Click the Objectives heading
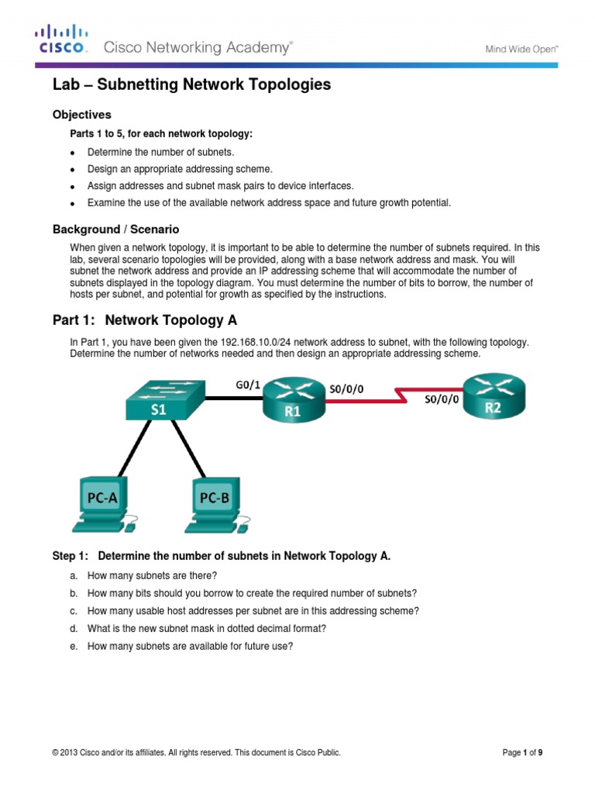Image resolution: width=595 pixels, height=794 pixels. [x=82, y=115]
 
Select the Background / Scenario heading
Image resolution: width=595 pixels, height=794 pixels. [x=115, y=230]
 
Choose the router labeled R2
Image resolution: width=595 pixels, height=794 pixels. [x=493, y=397]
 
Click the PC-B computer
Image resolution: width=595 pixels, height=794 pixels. [x=215, y=505]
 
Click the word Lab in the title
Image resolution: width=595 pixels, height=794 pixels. [x=66, y=85]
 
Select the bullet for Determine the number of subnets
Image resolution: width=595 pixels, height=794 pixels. [x=73, y=152]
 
